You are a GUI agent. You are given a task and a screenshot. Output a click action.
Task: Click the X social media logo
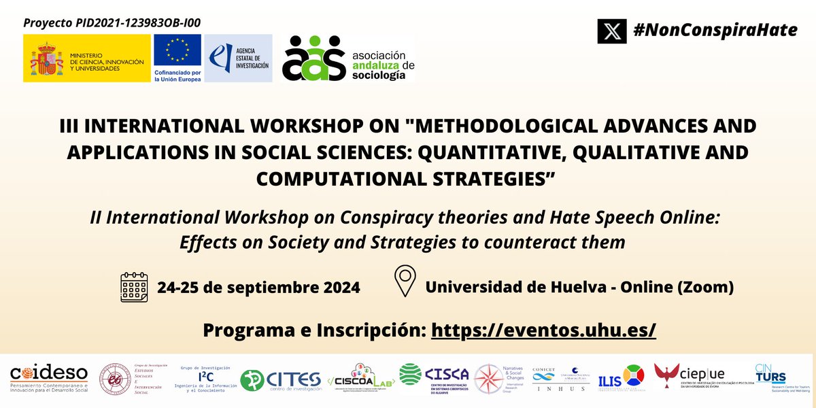pyautogui.click(x=611, y=31)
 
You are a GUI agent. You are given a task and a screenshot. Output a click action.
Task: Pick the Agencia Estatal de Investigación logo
pyautogui.click(x=238, y=58)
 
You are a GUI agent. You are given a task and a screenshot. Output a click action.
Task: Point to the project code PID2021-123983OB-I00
pyautogui.click(x=112, y=23)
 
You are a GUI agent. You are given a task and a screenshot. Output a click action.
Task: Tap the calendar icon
pyautogui.click(x=134, y=286)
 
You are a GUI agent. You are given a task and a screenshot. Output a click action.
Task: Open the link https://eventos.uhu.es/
pyautogui.click(x=543, y=330)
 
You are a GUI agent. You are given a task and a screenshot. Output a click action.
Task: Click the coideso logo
pyautogui.click(x=49, y=377)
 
